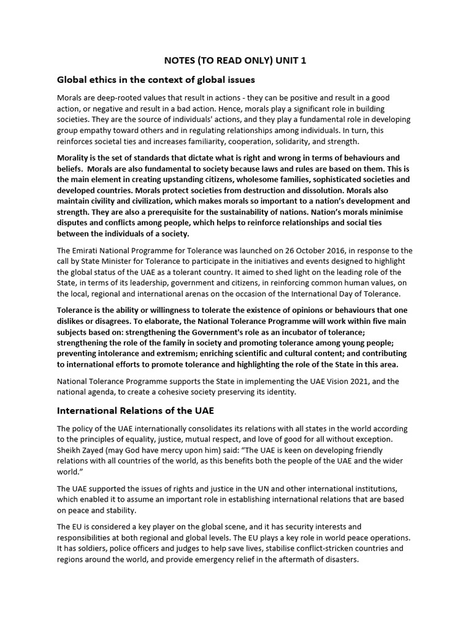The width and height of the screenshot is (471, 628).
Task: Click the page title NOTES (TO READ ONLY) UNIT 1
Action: pos(235,61)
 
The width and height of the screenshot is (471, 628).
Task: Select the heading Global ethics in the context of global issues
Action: pos(156,80)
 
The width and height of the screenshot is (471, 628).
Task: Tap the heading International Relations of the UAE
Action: pos(136,410)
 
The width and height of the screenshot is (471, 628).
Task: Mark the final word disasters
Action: pos(344,559)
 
